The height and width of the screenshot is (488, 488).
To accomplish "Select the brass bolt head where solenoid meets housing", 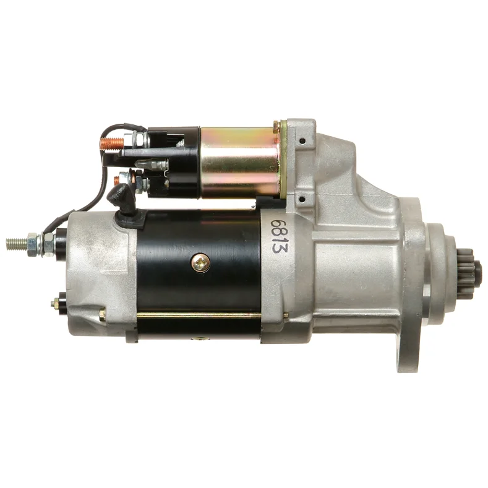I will tap(284, 128).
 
